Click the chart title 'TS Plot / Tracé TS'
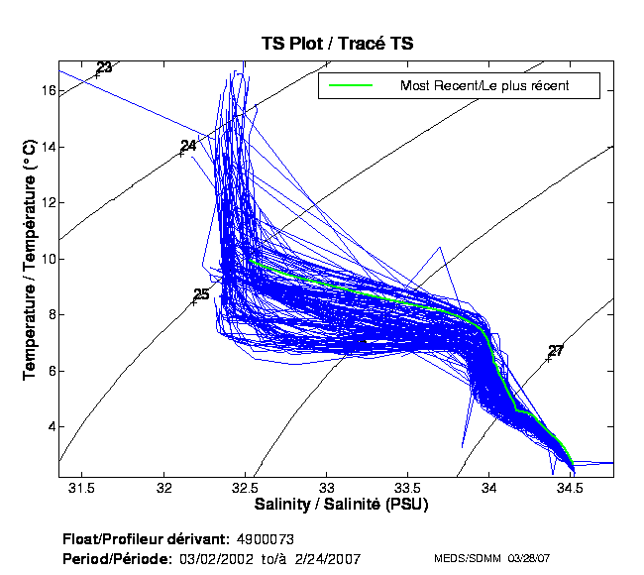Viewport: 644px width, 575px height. click(337, 45)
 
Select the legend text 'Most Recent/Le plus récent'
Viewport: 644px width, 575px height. click(483, 86)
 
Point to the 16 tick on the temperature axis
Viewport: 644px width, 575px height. click(46, 90)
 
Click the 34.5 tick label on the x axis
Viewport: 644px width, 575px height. click(569, 489)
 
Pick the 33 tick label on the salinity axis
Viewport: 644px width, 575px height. click(326, 489)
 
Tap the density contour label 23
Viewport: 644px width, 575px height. click(104, 67)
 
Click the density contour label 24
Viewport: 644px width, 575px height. click(188, 146)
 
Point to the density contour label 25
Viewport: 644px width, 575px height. click(201, 294)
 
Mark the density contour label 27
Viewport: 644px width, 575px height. click(556, 351)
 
